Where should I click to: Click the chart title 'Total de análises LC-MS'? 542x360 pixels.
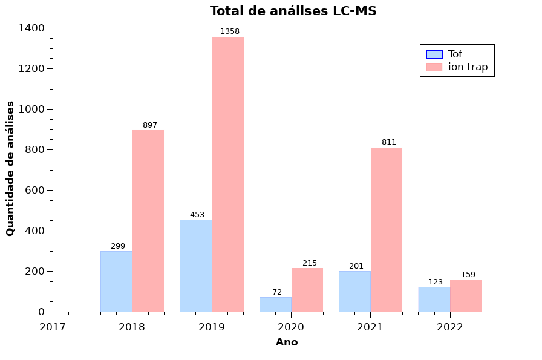(293, 11)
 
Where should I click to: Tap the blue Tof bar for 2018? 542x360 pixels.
(116, 281)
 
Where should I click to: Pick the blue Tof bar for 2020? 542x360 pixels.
(275, 304)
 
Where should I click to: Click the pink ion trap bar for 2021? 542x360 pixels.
(386, 229)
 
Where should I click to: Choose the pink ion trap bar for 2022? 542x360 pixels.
(466, 295)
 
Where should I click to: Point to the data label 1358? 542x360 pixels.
(229, 31)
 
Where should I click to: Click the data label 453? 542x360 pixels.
(197, 215)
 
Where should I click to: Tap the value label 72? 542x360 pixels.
(277, 292)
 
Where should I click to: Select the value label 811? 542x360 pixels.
(388, 142)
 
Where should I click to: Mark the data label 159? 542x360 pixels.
(468, 275)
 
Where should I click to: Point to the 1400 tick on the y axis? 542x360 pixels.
(31, 28)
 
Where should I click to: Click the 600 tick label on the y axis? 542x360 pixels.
(34, 190)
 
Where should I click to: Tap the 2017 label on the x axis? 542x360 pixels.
(53, 327)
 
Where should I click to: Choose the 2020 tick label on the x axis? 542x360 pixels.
(291, 327)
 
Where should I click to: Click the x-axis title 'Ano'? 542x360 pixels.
(287, 342)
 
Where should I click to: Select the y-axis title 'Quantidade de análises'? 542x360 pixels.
(10, 169)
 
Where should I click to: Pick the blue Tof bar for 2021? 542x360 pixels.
(354, 291)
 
